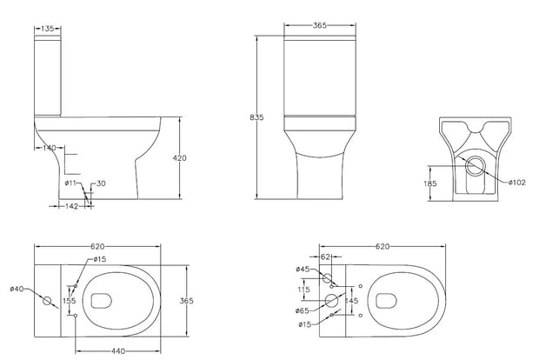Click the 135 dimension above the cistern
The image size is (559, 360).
(49, 29)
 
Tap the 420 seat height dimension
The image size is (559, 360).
(180, 157)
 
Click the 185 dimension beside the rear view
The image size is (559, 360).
(430, 184)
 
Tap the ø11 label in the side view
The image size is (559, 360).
(70, 183)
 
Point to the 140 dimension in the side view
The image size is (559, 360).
(50, 148)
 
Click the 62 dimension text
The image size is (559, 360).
(325, 257)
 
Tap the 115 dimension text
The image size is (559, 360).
(303, 290)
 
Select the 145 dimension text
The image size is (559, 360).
(351, 301)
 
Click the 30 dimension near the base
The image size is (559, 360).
(101, 183)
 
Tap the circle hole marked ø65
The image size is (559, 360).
(331, 300)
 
